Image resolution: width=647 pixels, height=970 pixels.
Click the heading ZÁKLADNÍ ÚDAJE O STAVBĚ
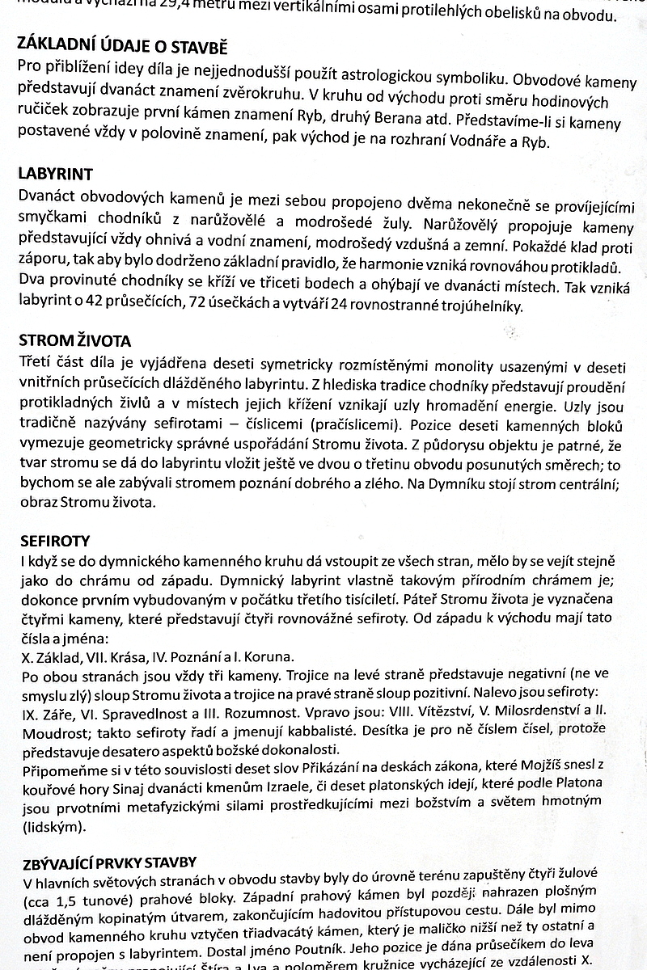click(122, 45)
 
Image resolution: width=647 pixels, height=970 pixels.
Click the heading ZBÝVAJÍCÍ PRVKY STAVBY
click(111, 862)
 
